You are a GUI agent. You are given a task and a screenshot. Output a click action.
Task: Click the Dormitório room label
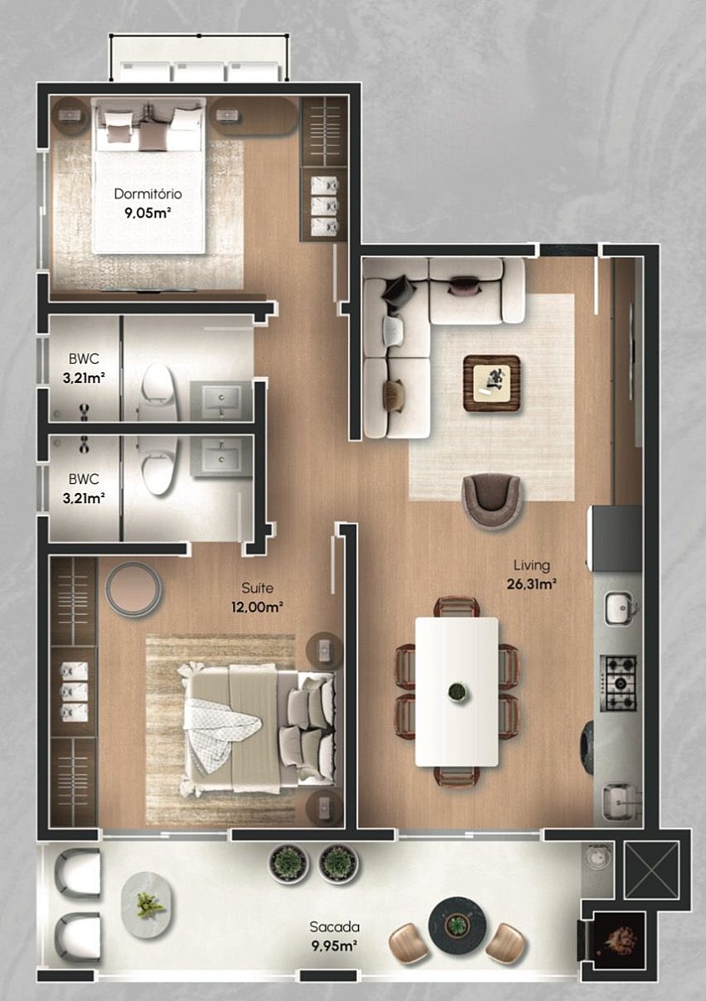[148, 194]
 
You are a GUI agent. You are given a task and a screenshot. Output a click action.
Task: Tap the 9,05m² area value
[148, 213]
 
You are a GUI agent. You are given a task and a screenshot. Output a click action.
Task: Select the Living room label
[532, 566]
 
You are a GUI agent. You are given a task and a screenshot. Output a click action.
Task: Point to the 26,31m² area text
[532, 584]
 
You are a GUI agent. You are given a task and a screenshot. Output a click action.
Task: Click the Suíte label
[257, 588]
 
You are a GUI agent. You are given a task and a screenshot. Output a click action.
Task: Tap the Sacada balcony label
[335, 927]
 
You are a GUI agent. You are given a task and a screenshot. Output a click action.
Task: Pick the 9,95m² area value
[335, 946]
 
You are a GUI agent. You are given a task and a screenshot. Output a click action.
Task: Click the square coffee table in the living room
[492, 384]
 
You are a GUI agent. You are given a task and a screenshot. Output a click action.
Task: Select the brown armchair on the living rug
[492, 500]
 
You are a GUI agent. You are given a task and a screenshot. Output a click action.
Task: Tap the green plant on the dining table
[456, 692]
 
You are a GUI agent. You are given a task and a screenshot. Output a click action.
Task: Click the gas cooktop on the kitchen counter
[618, 684]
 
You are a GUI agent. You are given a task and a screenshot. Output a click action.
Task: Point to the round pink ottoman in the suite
[134, 590]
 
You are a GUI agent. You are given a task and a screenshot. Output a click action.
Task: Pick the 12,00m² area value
[257, 607]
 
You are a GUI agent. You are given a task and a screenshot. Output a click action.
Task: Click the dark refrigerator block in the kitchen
[616, 539]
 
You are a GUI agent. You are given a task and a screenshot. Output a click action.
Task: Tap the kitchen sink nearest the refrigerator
[620, 607]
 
